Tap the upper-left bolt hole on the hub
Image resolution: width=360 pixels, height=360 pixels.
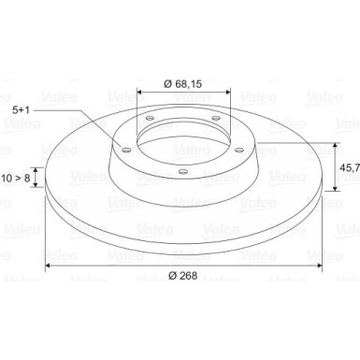[149, 118]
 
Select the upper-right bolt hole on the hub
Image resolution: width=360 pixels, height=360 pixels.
[215, 118]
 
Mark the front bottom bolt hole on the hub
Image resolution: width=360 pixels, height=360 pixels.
[181, 172]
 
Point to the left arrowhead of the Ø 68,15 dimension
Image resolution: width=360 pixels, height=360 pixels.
[140, 94]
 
